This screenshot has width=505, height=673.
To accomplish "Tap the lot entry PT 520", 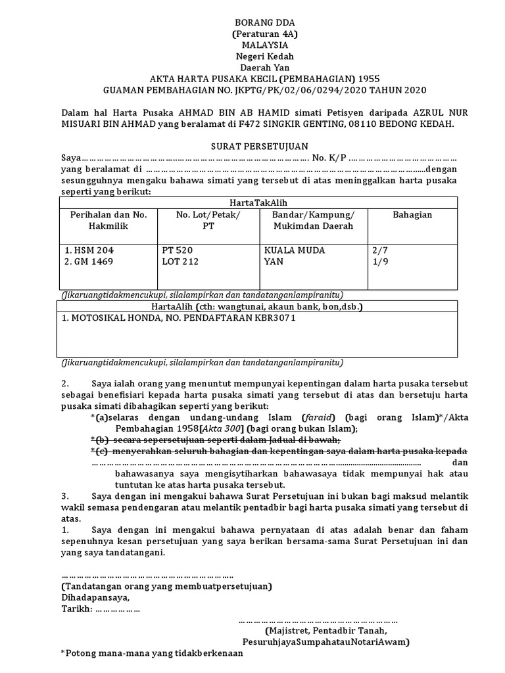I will pos(177,250).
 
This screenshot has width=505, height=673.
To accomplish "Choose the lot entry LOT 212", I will pos(180,262).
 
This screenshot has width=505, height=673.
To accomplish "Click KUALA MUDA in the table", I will pos(295,250).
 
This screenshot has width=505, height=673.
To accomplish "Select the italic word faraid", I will pos(318,417).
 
